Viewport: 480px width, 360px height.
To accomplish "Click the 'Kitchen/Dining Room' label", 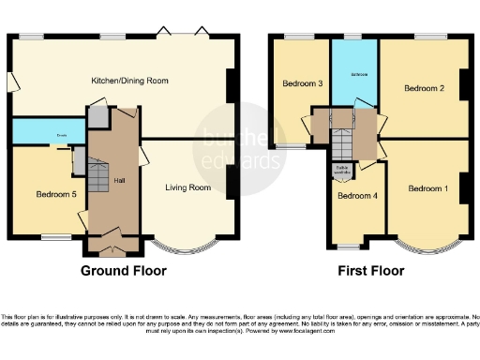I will [129, 82].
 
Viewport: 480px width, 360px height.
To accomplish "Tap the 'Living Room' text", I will [187, 188].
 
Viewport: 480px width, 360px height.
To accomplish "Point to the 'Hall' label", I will [119, 180].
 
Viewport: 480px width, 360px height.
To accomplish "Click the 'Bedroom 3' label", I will [302, 84].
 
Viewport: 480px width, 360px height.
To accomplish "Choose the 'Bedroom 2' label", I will [424, 88].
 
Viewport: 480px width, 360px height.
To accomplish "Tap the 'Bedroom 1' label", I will [427, 188].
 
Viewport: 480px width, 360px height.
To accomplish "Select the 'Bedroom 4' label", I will [357, 196].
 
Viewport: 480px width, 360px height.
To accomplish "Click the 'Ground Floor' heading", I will [124, 271].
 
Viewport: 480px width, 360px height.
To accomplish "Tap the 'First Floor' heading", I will [371, 271].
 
